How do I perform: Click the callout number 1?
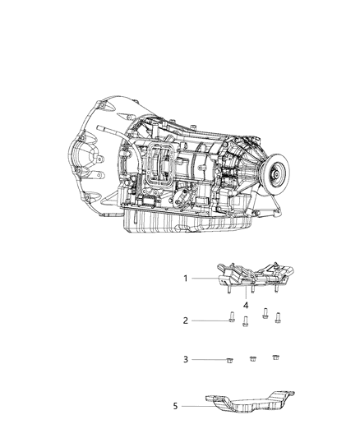[187, 279]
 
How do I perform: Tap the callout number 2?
[187, 321]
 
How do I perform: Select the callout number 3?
[187, 360]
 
